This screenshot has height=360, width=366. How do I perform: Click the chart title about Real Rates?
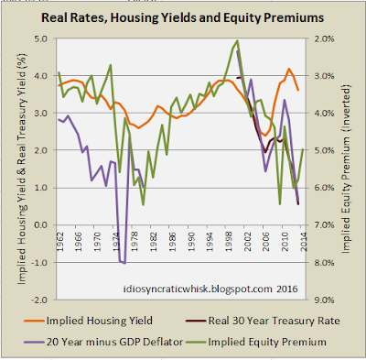(182, 17)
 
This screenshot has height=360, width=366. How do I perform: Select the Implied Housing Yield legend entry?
(89, 321)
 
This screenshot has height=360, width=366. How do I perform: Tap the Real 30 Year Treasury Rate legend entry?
(263, 321)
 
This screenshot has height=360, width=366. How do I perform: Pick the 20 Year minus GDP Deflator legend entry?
(103, 342)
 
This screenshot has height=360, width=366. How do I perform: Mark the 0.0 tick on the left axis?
(41, 225)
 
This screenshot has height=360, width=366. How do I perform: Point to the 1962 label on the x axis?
(60, 242)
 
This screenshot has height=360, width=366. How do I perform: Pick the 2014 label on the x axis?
(304, 242)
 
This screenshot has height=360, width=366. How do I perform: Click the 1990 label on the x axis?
(191, 242)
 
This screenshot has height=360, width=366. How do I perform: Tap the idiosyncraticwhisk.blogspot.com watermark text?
(210, 289)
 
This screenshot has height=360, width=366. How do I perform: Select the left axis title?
(22, 169)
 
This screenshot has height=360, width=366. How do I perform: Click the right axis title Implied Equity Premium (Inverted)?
(346, 169)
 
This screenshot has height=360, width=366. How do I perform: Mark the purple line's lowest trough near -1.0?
(124, 263)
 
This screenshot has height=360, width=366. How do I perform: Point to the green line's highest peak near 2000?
(237, 40)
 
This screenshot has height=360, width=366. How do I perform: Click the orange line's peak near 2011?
(288, 69)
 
